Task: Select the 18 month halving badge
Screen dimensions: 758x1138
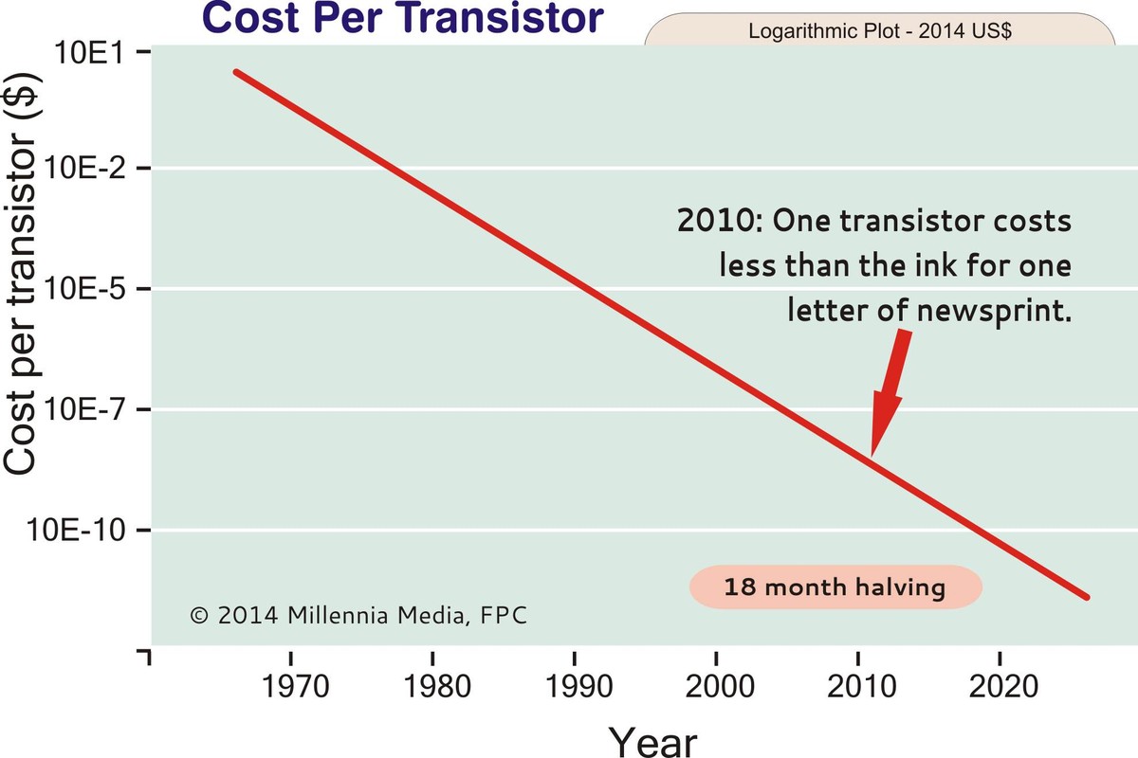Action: coord(835,587)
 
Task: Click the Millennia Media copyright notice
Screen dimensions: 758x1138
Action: coord(358,615)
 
